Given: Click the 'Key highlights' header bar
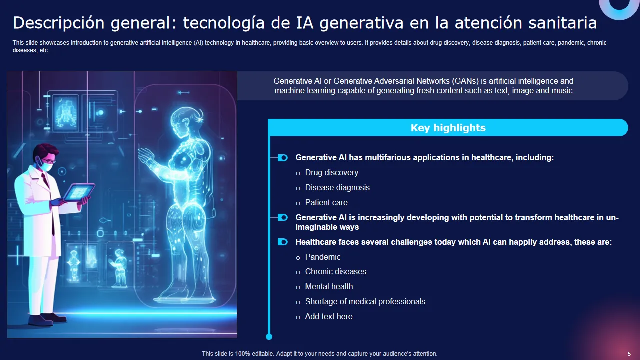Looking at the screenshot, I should click(448, 128).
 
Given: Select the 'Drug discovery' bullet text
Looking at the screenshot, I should click(332, 173).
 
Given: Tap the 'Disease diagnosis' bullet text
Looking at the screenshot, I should click(337, 188).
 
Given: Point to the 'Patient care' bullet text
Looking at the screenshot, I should click(326, 203).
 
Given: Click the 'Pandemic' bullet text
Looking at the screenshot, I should click(323, 257).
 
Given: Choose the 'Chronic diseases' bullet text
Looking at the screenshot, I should click(336, 272).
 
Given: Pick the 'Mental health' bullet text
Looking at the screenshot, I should click(329, 287).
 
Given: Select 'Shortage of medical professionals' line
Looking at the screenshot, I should click(365, 302).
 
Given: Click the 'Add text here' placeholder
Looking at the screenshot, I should click(329, 317).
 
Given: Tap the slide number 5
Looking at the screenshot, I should click(629, 354).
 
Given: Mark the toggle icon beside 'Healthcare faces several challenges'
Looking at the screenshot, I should click(282, 242).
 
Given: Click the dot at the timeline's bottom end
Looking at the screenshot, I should click(269, 337).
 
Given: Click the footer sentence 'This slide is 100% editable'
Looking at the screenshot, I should click(319, 354).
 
